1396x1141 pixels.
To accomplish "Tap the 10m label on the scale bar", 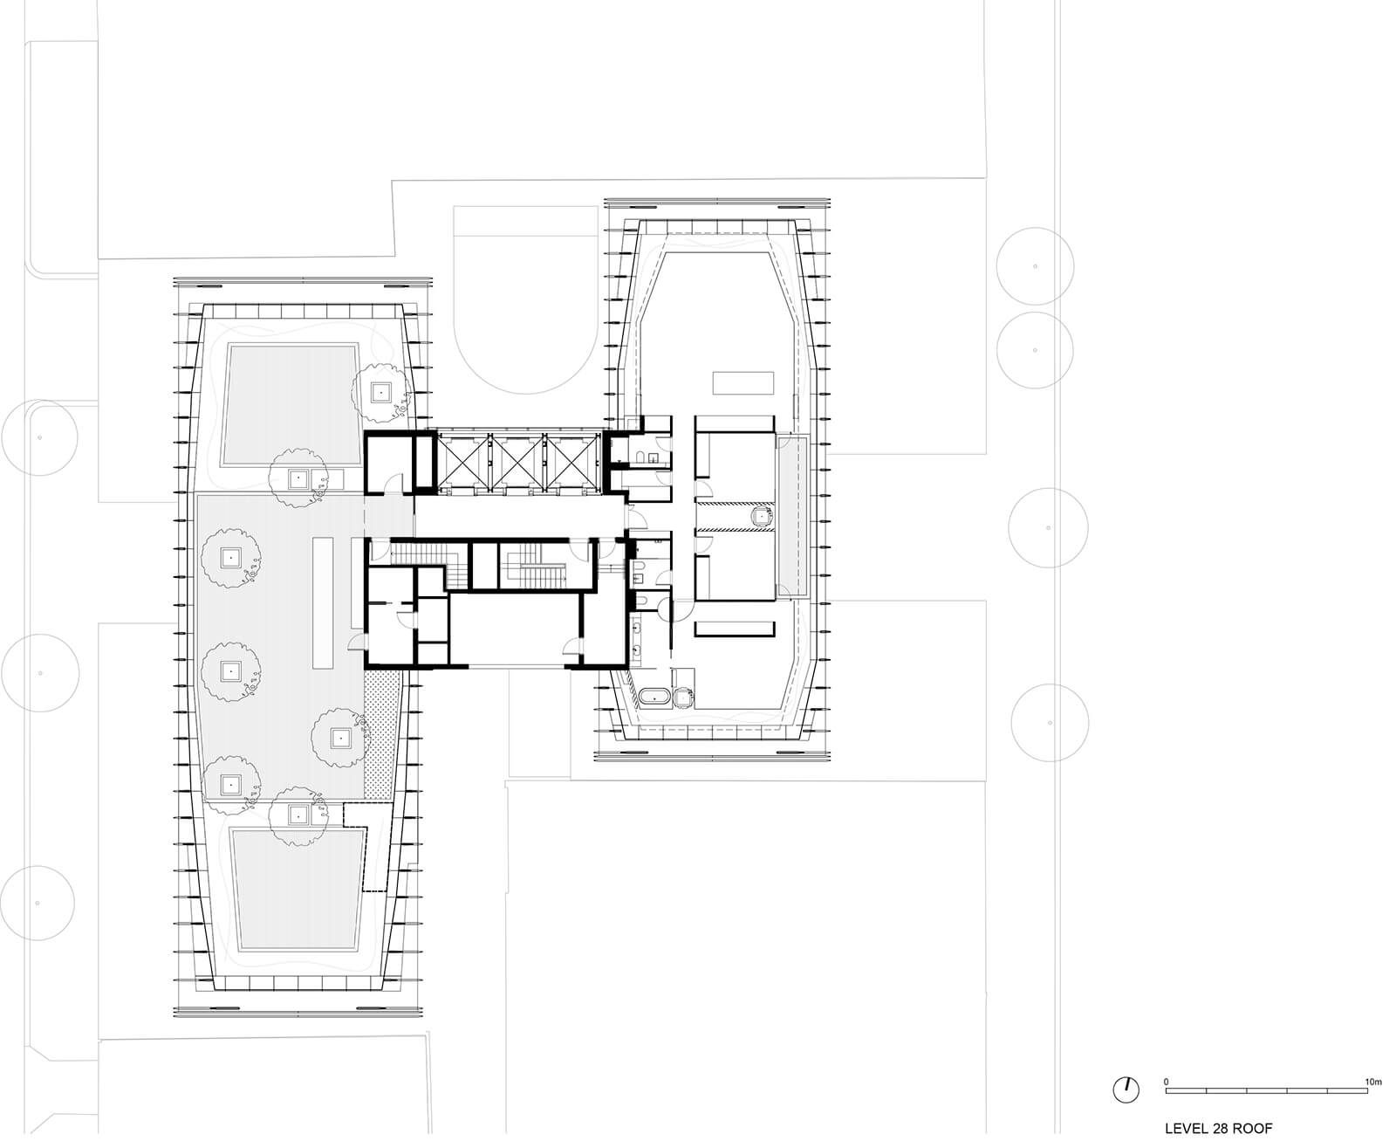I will pyautogui.click(x=1373, y=1082).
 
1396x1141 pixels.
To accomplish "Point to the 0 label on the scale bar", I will pyautogui.click(x=1167, y=1082).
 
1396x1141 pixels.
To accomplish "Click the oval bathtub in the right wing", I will pyautogui.click(x=652, y=697).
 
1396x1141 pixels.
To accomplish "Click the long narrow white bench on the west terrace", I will pyautogui.click(x=324, y=602).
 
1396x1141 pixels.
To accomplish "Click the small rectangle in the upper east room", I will pyautogui.click(x=743, y=382).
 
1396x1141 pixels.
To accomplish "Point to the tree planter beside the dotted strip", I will pyautogui.click(x=339, y=738).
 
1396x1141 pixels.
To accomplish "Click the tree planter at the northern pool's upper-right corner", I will pyautogui.click(x=380, y=392).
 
